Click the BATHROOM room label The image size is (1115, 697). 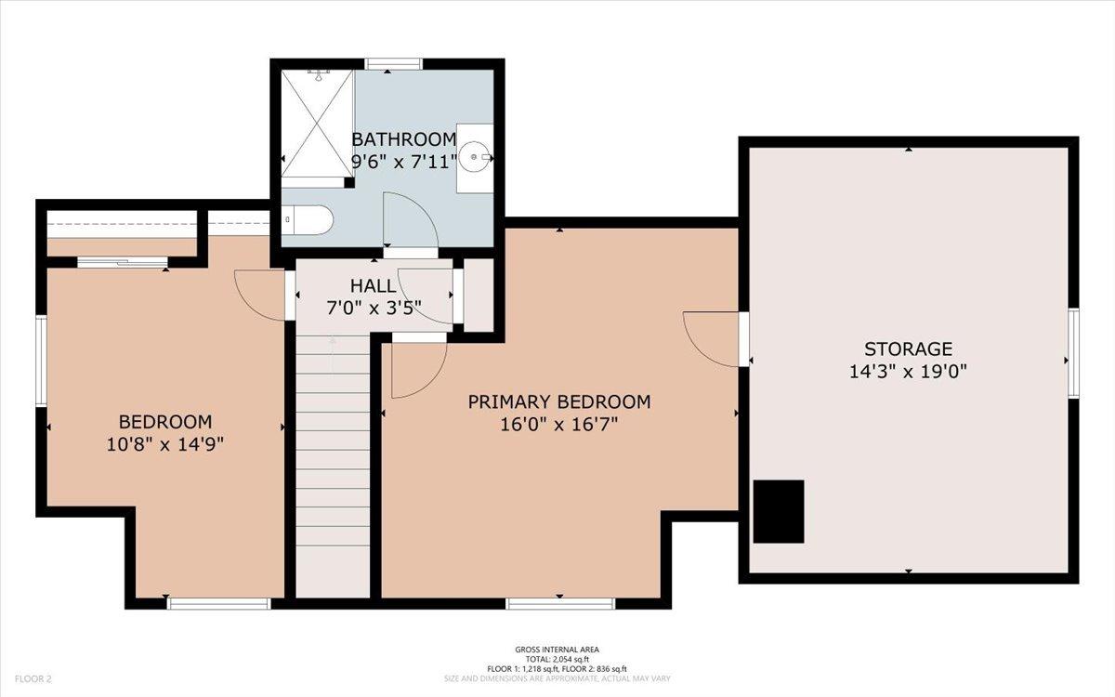403,140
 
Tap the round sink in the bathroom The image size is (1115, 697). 475,157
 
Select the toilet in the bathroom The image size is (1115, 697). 308,219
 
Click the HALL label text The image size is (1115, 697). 374,286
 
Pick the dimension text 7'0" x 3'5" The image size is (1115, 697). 374,309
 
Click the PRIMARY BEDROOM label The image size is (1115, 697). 559,401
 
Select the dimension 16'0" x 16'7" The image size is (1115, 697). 559,425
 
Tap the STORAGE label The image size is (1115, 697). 909,349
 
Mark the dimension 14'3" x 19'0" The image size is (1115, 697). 909,372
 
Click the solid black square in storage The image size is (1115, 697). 779,511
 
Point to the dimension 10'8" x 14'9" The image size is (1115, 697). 165,444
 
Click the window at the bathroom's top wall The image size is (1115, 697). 393,64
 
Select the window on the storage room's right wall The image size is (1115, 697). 1074,353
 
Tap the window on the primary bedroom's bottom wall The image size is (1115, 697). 560,603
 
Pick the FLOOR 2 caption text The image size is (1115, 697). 33,678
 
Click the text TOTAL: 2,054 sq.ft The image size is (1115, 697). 557,660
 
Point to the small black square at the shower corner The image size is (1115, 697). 349,183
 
